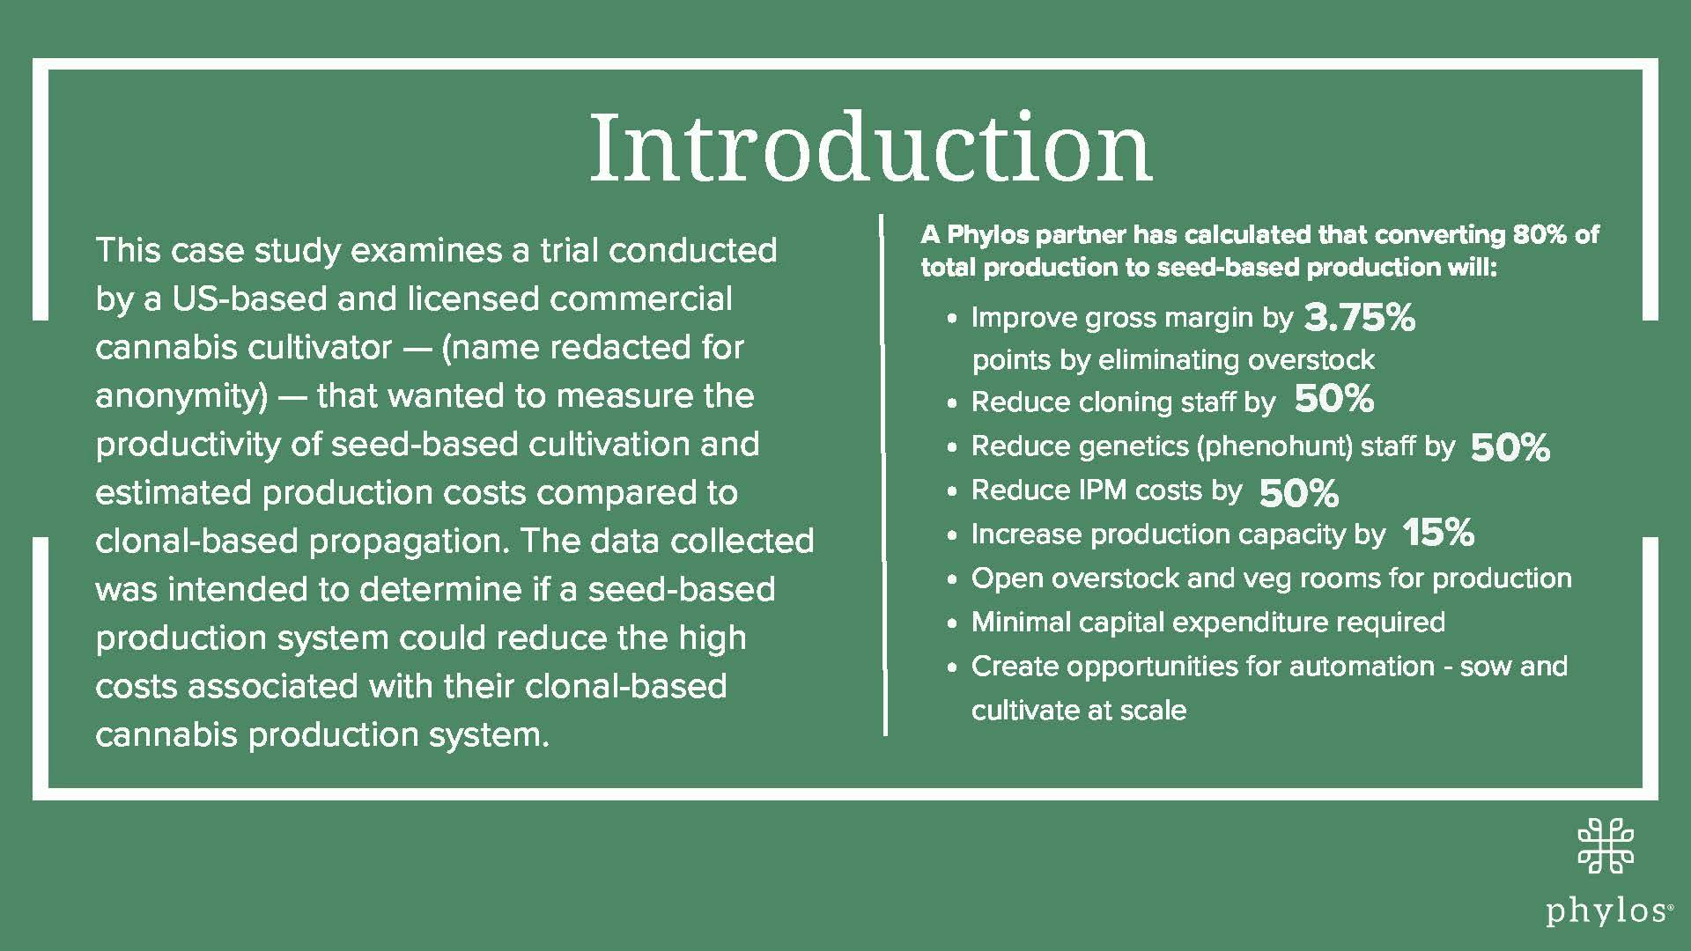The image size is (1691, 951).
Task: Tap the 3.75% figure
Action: pyautogui.click(x=1359, y=318)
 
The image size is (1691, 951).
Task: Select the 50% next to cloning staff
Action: pyautogui.click(x=1333, y=400)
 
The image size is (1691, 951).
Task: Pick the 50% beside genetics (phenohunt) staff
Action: pyautogui.click(x=1510, y=448)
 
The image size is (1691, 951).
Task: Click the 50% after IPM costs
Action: pyautogui.click(x=1298, y=493)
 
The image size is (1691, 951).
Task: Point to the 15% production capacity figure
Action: pyautogui.click(x=1437, y=532)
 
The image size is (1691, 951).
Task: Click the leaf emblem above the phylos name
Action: pyautogui.click(x=1606, y=844)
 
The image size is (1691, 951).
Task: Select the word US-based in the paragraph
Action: pyautogui.click(x=254, y=299)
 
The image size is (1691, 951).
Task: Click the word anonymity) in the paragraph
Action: pyautogui.click(x=181, y=396)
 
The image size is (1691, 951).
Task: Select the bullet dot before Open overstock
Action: pyautogui.click(x=952, y=580)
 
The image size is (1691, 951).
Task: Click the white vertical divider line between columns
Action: pyautogui.click(x=884, y=475)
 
